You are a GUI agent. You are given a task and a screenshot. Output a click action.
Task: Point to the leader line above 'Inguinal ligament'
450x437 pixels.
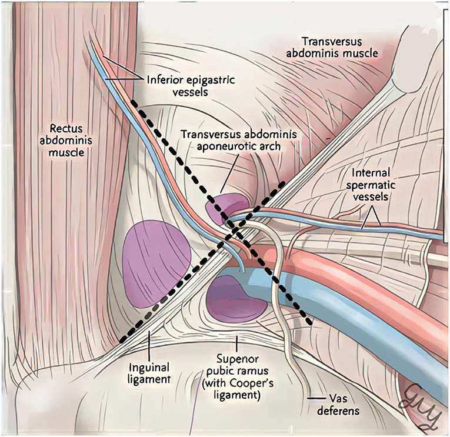(x=149, y=349)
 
